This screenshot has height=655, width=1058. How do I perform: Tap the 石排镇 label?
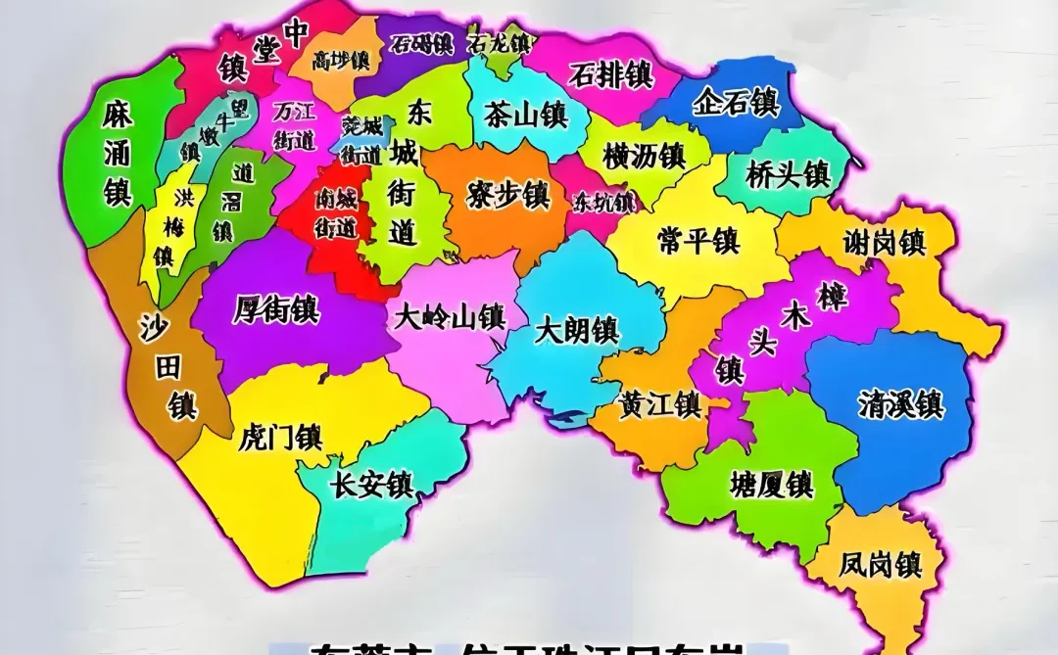click(611, 74)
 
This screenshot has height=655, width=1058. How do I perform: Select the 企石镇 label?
click(735, 103)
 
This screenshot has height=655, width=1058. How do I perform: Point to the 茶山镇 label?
click(525, 115)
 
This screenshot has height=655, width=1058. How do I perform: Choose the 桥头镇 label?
click(788, 175)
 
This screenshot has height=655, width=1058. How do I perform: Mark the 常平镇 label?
click(698, 239)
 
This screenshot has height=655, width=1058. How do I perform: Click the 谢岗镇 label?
click(885, 242)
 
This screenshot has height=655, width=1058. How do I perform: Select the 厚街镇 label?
click(276, 310)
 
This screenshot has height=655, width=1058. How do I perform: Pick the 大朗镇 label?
click(576, 330)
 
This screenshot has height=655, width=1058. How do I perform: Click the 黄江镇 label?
click(659, 403)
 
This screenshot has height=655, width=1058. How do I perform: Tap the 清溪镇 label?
click(900, 403)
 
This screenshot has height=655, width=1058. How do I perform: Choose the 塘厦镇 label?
click(772, 483)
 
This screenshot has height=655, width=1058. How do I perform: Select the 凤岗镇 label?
click(880, 564)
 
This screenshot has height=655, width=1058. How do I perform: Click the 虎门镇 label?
click(280, 437)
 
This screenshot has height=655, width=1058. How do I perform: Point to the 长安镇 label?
click(372, 485)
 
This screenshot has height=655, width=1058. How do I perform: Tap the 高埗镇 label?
click(341, 61)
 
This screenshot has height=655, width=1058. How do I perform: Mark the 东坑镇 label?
click(603, 203)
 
